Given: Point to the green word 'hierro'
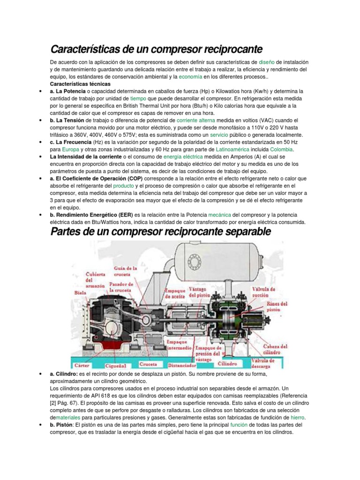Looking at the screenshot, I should (x=298, y=417).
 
